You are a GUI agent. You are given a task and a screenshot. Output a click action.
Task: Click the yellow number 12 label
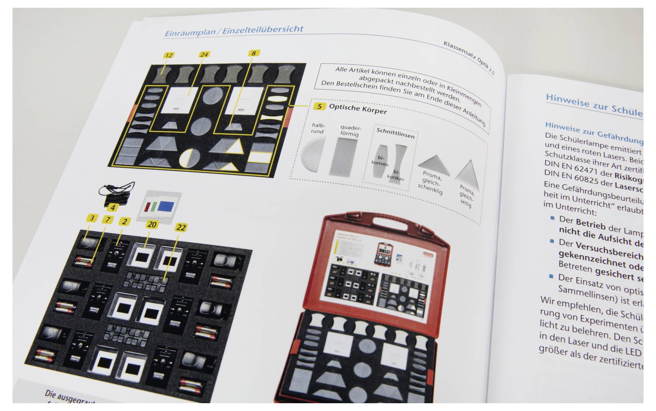(x=168, y=56)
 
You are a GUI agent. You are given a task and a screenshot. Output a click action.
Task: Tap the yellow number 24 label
(x=204, y=55)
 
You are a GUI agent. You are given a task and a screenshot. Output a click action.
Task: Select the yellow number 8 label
(x=253, y=53)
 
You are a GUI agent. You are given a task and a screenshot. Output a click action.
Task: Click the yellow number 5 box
(x=320, y=106)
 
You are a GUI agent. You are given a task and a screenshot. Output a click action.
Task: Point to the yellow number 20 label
(x=152, y=224)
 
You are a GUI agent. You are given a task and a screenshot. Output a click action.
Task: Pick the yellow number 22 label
(x=181, y=227)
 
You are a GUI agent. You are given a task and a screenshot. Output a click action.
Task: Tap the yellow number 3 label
(x=92, y=218)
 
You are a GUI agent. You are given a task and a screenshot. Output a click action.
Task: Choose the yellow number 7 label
(x=108, y=220)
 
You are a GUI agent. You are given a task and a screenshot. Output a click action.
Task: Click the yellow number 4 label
(x=113, y=208)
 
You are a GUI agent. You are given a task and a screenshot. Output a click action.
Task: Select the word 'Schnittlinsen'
(x=395, y=133)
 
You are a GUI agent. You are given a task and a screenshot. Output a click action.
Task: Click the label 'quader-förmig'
(x=350, y=131)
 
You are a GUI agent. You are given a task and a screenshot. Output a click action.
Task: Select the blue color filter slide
(x=168, y=205)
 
